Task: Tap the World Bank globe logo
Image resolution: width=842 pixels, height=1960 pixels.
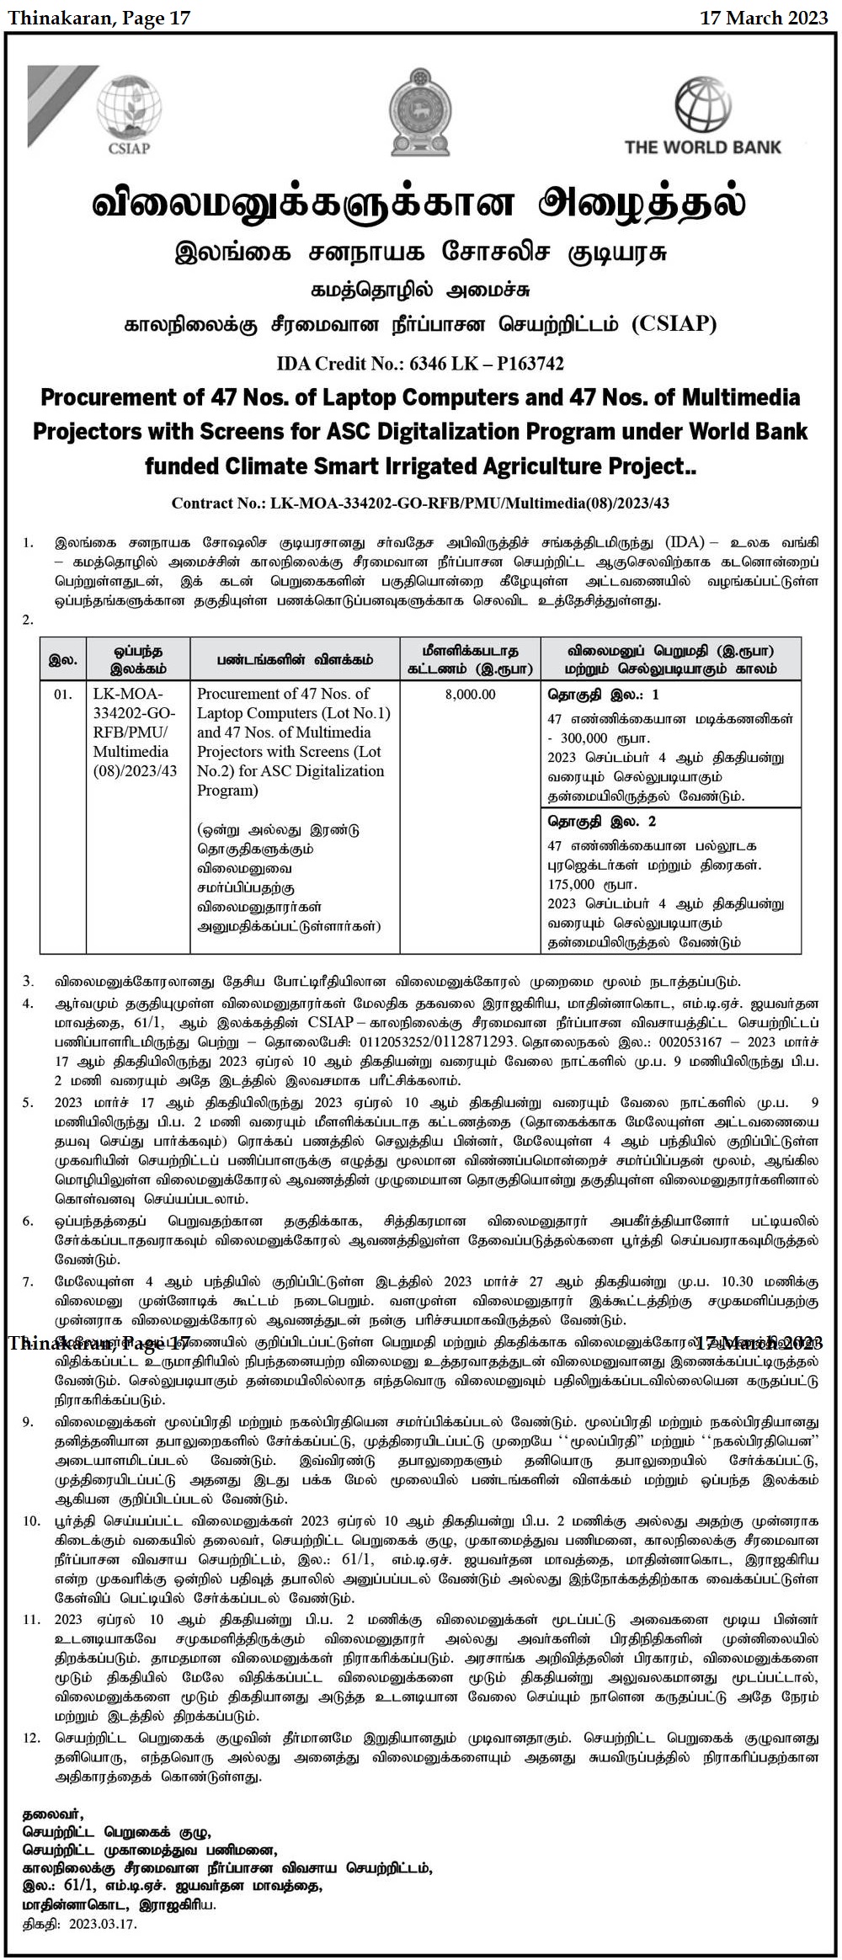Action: click(703, 104)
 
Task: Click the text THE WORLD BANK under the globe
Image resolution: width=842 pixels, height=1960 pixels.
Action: click(703, 146)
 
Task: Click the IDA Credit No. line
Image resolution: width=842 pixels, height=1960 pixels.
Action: click(420, 364)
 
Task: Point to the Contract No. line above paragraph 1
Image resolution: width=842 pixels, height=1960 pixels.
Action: click(420, 503)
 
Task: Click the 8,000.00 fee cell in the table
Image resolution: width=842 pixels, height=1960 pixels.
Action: click(468, 695)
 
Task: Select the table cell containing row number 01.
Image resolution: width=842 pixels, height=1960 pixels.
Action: click(63, 695)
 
